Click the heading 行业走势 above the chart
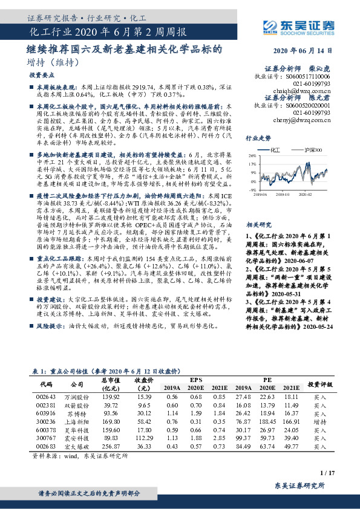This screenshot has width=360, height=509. (257, 138)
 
